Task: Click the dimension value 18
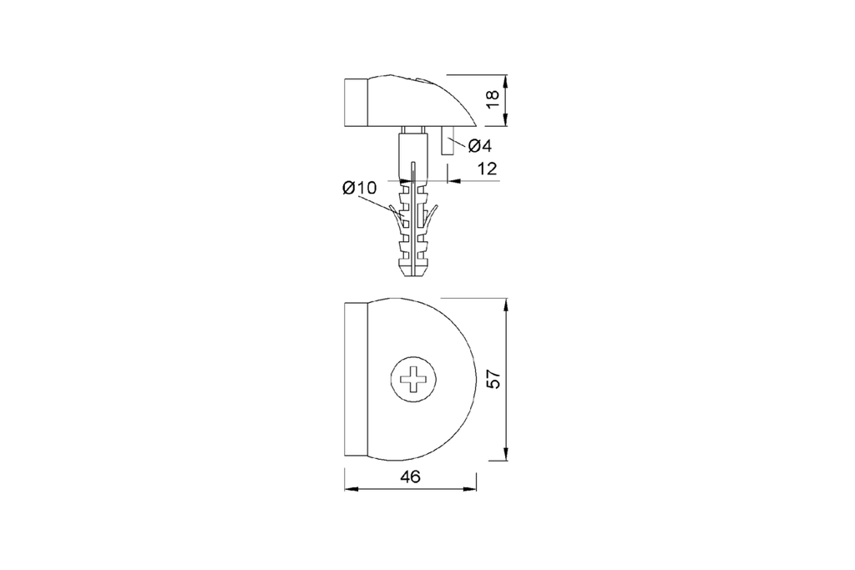[x=493, y=98]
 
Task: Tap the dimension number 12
[x=487, y=169]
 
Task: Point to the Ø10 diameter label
[x=359, y=189]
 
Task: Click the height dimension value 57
[x=493, y=380]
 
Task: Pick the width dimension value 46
[x=410, y=477]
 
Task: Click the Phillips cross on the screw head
[x=415, y=382]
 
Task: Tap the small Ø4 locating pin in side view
[x=448, y=144]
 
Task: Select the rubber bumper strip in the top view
[x=357, y=381]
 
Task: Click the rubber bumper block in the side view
[x=357, y=102]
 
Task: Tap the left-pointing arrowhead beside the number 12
[x=453, y=179]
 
